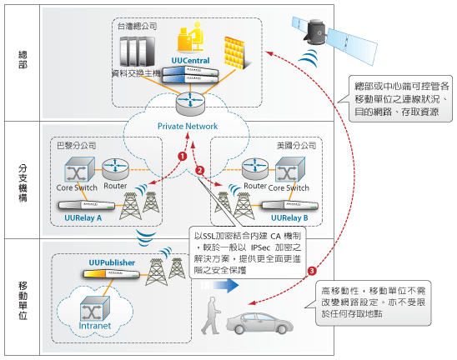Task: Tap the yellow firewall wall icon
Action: (236, 53)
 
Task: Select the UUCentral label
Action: (190, 61)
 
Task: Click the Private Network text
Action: (188, 127)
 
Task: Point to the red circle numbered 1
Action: (183, 157)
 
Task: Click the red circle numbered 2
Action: (200, 170)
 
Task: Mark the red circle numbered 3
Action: (312, 271)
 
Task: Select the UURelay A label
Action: (83, 217)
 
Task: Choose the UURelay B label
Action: (289, 217)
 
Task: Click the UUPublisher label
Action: (112, 262)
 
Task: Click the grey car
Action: (259, 323)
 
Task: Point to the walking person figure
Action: (211, 316)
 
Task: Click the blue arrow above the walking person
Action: (220, 285)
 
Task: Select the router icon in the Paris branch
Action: (115, 169)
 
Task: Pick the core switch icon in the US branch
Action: (290, 169)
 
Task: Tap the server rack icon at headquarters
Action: (138, 52)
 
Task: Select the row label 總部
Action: (23, 60)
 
